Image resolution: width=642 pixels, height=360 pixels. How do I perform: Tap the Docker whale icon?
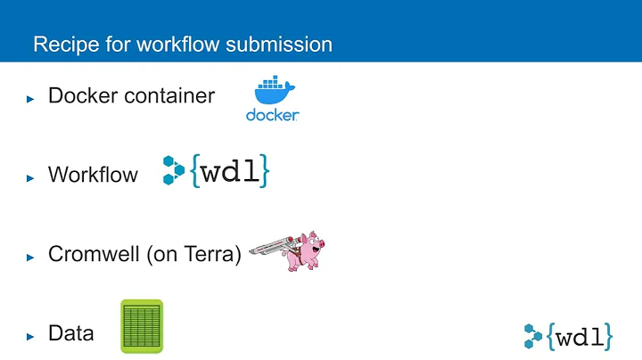272,93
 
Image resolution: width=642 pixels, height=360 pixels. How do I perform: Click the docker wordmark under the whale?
272,115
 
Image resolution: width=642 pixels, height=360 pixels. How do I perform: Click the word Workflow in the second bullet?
93,175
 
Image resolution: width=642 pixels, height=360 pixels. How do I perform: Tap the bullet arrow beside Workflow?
30,176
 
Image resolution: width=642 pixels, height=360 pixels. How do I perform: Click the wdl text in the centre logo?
231,171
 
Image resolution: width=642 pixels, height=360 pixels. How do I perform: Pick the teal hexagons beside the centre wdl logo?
173,170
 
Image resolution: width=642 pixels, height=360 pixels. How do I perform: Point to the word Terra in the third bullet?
212,255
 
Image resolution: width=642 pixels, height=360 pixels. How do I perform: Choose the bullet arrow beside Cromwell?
30,257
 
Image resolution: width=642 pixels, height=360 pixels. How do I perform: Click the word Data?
71,334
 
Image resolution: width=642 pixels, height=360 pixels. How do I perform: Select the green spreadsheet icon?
142,327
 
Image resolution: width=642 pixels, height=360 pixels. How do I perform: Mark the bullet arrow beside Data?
30,336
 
